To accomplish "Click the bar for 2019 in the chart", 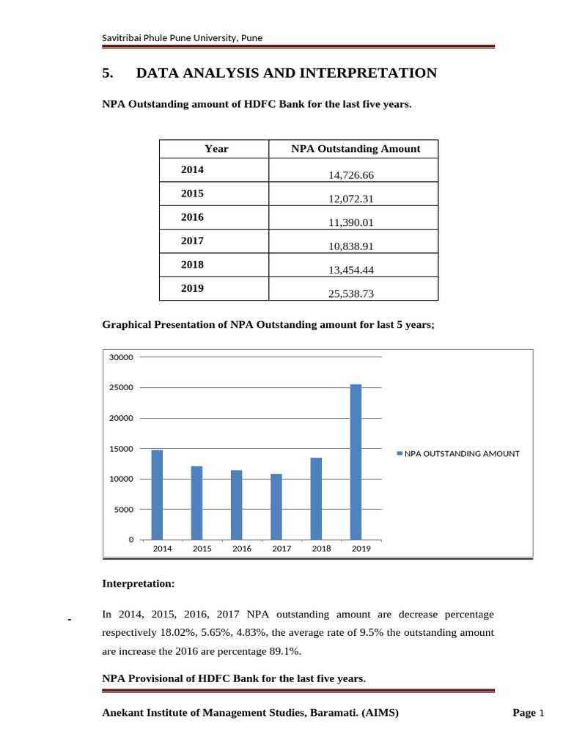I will pos(356,462).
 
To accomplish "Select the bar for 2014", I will pos(157,495).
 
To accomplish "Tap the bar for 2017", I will pos(276,507).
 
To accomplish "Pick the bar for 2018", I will pos(316,499).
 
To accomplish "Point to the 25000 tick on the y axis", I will pos(121,388).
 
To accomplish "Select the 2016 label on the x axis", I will pos(242,549).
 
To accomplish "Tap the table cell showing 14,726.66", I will pos(353,175).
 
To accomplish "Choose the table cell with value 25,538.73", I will pos(353,293).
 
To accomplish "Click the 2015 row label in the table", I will pos(193,194).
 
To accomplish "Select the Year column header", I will pos(216,149).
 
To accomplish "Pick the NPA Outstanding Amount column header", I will pos(356,149).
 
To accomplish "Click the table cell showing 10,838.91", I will pos(353,246).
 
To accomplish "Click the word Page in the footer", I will pos(524,714).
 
